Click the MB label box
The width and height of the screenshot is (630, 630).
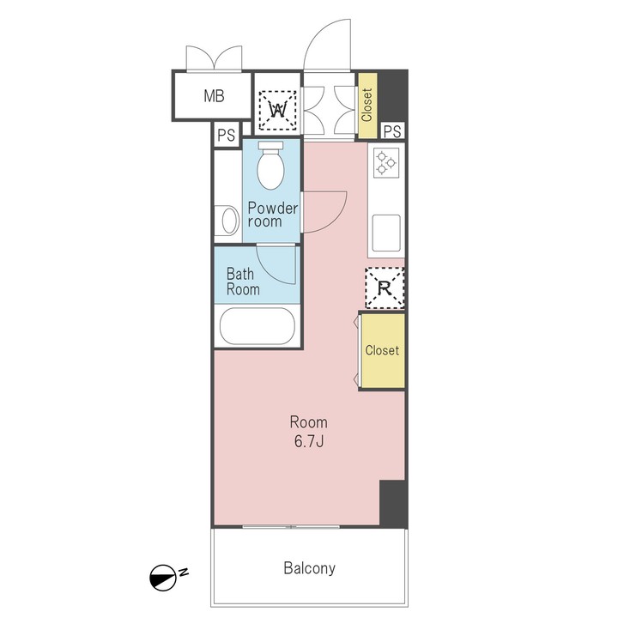(213, 96)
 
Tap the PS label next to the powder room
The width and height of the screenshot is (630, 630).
(226, 135)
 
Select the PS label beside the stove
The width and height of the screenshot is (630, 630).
(392, 130)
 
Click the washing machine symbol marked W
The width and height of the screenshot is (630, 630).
(278, 109)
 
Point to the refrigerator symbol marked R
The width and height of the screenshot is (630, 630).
(385, 288)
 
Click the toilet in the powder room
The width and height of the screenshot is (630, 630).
(271, 165)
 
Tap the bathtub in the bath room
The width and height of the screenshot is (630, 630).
(257, 327)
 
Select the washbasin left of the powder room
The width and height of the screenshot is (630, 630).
(228, 221)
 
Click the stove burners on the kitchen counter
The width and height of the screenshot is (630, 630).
(385, 161)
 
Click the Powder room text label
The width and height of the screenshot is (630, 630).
(272, 215)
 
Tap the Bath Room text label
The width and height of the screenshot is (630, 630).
(243, 282)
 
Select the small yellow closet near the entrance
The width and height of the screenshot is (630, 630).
(366, 105)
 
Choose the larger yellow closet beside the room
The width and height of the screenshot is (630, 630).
(382, 350)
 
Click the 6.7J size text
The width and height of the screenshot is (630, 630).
(308, 441)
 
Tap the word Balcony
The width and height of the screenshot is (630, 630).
(308, 568)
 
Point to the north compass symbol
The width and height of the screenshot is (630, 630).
(162, 578)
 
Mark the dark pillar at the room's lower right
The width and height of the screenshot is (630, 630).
(392, 504)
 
